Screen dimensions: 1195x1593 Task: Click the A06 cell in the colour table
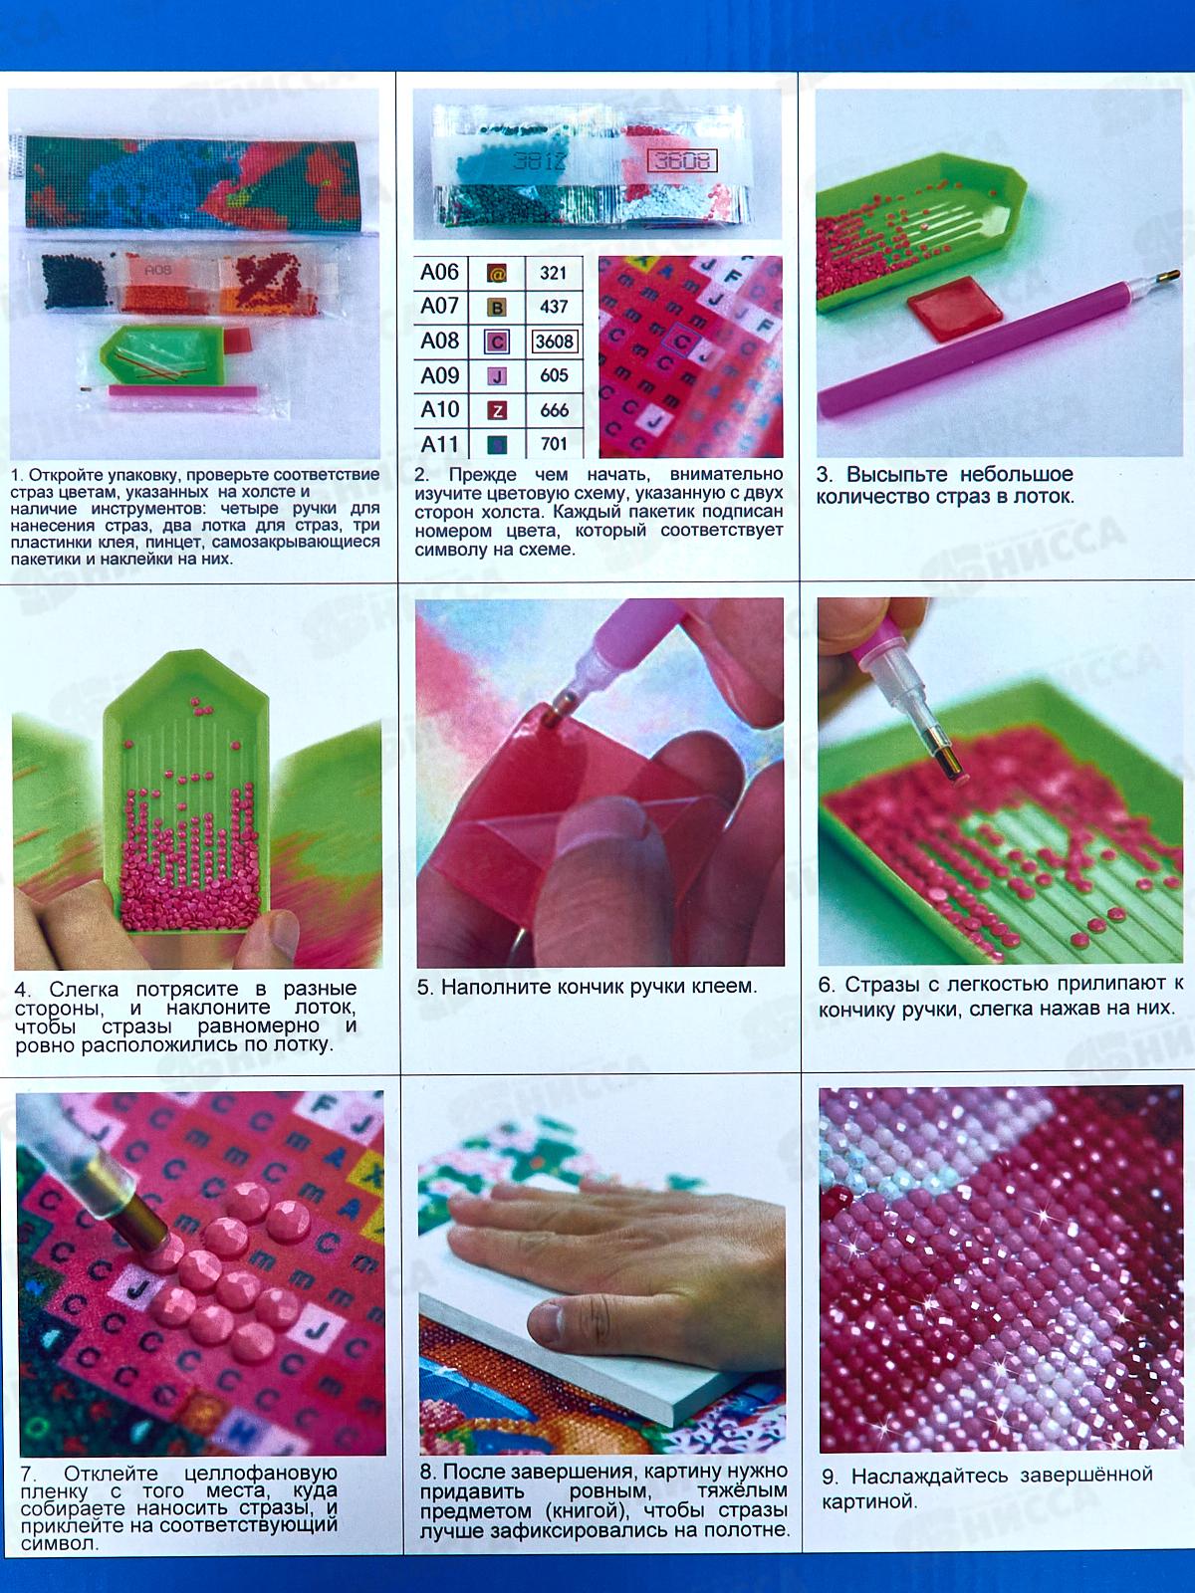click(440, 273)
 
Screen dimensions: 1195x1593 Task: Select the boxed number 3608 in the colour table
click(555, 341)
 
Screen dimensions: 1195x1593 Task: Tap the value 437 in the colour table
click(554, 307)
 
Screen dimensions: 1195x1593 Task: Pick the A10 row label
click(440, 410)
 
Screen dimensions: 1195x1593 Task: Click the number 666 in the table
click(554, 411)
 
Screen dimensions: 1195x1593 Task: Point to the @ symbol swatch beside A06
click(497, 274)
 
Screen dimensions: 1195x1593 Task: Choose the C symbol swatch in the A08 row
click(497, 341)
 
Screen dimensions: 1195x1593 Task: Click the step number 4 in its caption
click(22, 990)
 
